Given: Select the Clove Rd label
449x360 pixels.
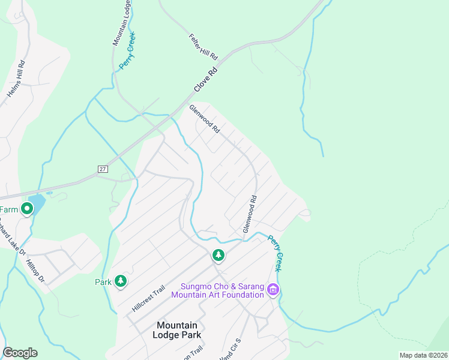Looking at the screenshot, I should (x=205, y=79).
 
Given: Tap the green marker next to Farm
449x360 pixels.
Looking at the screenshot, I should (x=26, y=209).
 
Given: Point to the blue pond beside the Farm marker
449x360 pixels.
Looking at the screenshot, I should (x=37, y=203).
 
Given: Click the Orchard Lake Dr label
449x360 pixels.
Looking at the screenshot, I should (x=12, y=237).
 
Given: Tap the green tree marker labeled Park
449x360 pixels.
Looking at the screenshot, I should (x=121, y=281).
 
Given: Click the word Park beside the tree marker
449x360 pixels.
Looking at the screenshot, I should (x=103, y=281).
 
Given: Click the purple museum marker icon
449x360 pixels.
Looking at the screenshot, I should (x=273, y=290).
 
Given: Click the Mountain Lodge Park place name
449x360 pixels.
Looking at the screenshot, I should (x=176, y=331).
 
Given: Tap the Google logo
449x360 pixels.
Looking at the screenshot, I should (x=20, y=353).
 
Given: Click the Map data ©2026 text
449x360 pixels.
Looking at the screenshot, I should (x=423, y=355).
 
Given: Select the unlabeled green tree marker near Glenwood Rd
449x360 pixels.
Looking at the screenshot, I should (x=218, y=255).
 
